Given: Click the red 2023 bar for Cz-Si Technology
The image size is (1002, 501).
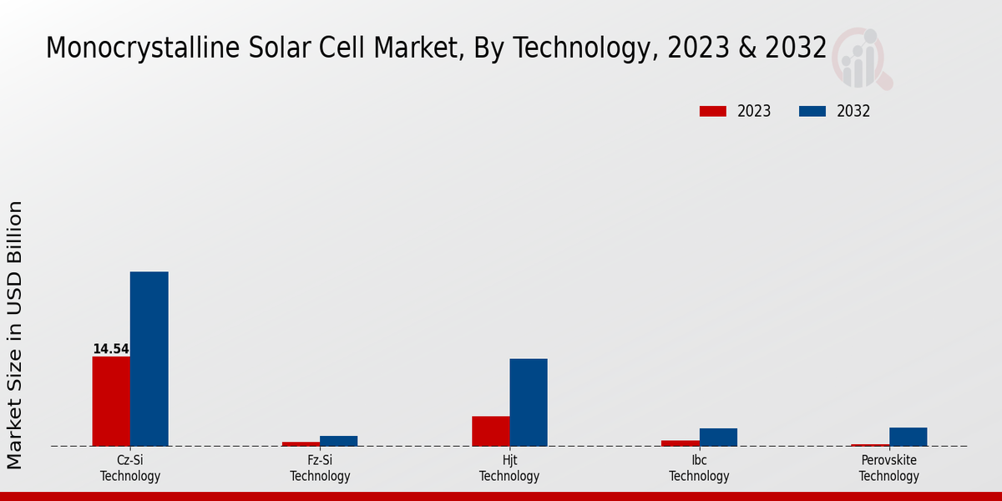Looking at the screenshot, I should tap(111, 401).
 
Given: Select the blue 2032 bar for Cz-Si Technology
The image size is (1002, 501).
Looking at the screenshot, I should tap(149, 358).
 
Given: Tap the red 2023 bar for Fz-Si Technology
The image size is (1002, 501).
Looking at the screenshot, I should tap(301, 443).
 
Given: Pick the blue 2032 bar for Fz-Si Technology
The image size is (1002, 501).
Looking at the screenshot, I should tap(338, 441).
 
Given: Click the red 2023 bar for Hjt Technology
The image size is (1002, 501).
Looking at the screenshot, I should tap(490, 431).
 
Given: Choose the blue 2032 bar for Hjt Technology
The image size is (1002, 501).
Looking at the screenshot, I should tap(529, 402).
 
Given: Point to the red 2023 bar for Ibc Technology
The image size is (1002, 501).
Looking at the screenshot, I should tap(680, 443).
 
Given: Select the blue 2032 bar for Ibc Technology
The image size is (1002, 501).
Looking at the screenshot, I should tap(718, 437).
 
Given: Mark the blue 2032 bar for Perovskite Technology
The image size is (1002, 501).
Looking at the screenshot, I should tap(908, 437).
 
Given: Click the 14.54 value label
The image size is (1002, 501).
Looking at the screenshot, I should tap(110, 349).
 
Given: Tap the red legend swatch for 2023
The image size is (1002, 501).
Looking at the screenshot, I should tap(712, 111).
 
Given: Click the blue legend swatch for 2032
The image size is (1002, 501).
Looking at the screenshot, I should tap(812, 111).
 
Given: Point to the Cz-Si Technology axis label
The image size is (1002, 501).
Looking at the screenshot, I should tap(130, 468).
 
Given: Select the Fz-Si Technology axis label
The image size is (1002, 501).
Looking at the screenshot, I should tap(320, 468).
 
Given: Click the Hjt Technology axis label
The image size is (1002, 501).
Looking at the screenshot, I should tap(509, 468).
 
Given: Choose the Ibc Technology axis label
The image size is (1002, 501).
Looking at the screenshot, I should tap(699, 468).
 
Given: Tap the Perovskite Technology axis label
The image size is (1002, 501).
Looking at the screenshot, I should tap(888, 468).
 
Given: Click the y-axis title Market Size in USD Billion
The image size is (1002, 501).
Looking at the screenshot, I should tap(15, 334).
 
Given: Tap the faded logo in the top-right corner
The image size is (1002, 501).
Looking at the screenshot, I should tap(862, 58).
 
